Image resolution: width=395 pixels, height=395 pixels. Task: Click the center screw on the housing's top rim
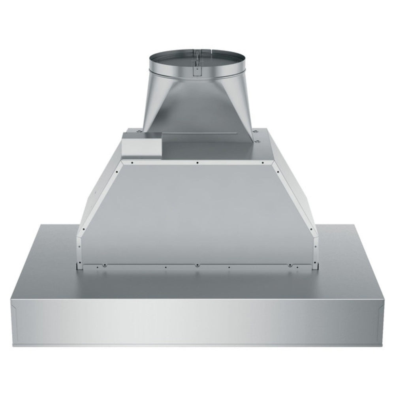pyautogui.click(x=197, y=162)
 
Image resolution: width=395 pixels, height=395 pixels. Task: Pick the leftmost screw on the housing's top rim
pyautogui.click(x=133, y=162)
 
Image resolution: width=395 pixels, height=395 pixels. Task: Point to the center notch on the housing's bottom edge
pyautogui.click(x=197, y=265)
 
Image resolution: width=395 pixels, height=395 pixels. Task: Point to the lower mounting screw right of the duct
pyautogui.click(x=257, y=141)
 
